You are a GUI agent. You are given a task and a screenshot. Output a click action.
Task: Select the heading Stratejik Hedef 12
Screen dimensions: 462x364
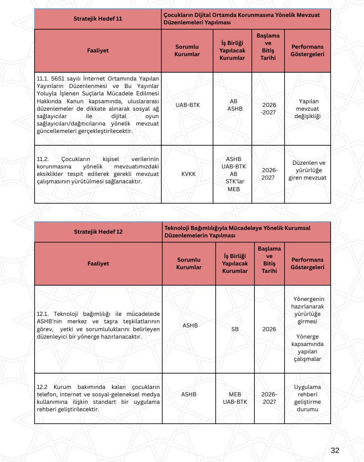point(98,231)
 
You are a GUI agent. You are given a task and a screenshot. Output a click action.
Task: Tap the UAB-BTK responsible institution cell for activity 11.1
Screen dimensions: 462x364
point(188,105)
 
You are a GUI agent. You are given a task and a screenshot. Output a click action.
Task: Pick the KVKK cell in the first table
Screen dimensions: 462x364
point(188,174)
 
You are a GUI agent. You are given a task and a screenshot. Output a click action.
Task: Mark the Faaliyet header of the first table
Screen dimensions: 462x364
point(98,51)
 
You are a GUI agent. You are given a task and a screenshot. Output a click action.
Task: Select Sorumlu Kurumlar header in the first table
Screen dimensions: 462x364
point(188,51)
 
